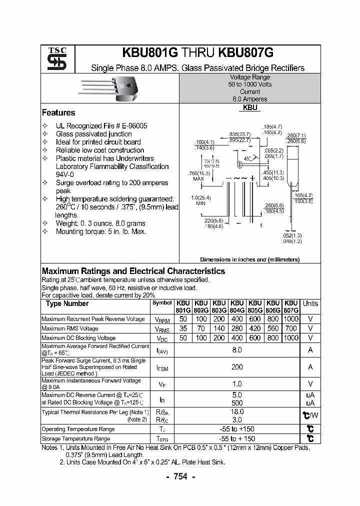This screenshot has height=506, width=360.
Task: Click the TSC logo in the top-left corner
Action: [53, 59]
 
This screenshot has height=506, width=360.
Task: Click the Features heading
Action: [58, 113]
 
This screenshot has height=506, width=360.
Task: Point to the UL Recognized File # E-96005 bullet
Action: [101, 126]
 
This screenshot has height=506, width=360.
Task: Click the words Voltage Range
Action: [249, 77]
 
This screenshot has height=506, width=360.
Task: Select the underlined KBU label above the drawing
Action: [250, 108]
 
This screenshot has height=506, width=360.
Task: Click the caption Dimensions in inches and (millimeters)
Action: [249, 259]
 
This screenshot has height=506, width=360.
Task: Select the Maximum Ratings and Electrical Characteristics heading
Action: [133, 271]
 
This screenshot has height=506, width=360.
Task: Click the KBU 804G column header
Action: [237, 306]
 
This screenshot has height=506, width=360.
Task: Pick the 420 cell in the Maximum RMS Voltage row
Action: [255, 328]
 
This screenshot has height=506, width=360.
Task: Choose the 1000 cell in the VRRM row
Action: [290, 319]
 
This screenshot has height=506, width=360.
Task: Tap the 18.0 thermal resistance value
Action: [237, 412]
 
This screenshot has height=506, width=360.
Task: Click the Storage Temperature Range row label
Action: [75, 438]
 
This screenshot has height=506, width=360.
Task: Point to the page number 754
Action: [180, 477]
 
